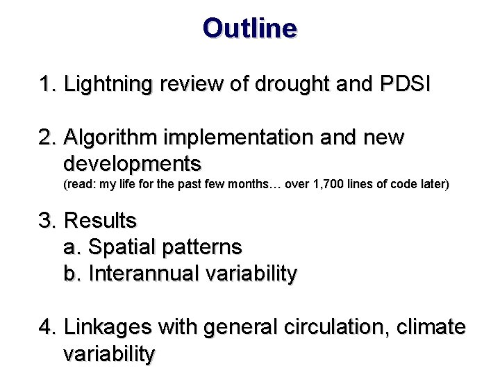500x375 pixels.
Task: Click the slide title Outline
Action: click(250, 28)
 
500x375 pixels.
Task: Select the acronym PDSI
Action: click(406, 85)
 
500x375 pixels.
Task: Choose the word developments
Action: click(132, 164)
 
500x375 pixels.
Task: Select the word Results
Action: click(100, 221)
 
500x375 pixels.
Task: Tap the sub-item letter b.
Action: click(70, 273)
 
